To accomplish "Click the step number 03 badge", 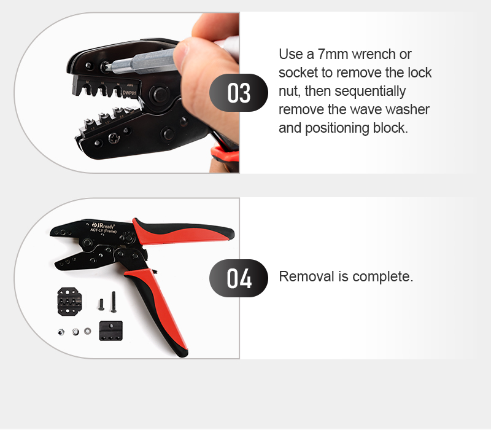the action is point(239,93).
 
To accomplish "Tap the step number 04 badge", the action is point(239,278).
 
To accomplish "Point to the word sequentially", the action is point(370,92).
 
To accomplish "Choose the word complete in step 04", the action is point(382,277).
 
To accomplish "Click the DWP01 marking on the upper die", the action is point(130,93).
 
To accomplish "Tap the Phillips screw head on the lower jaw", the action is point(114,138).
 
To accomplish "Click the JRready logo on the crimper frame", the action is point(104,225).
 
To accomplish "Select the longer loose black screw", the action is point(114,302).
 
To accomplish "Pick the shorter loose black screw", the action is point(101,304).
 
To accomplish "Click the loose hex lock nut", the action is point(61,332).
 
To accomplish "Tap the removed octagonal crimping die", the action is point(69,301).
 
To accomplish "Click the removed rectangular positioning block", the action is point(111,330).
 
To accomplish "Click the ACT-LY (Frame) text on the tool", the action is point(103,231).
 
